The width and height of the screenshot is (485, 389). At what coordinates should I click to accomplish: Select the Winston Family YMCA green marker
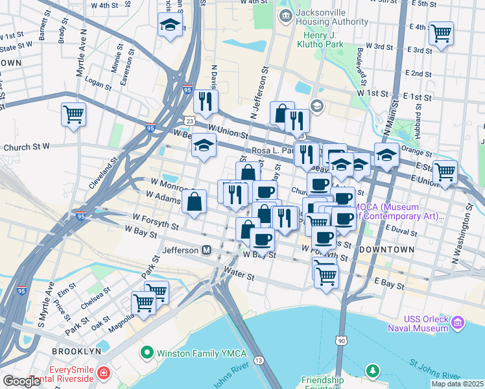click(x=147, y=353)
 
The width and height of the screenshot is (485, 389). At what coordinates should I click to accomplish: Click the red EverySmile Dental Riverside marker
click(x=104, y=374)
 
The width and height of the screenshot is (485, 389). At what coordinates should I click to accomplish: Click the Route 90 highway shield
click(x=341, y=340)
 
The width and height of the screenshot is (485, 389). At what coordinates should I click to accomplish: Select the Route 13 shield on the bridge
click(x=259, y=360)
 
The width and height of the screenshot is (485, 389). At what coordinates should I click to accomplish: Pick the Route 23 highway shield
click(x=189, y=121)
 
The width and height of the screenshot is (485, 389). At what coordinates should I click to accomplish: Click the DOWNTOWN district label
click(x=386, y=250)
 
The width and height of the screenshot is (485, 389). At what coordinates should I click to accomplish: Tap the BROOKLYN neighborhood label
click(x=78, y=351)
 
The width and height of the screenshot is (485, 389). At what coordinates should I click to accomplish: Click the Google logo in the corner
click(x=21, y=381)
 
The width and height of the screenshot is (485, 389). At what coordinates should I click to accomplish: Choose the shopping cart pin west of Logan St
click(x=74, y=115)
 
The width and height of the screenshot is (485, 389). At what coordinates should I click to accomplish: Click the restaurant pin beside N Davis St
click(x=206, y=101)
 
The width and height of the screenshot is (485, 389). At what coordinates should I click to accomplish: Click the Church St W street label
click(x=26, y=148)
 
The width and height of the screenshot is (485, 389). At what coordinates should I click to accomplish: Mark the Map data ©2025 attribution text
click(x=457, y=384)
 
